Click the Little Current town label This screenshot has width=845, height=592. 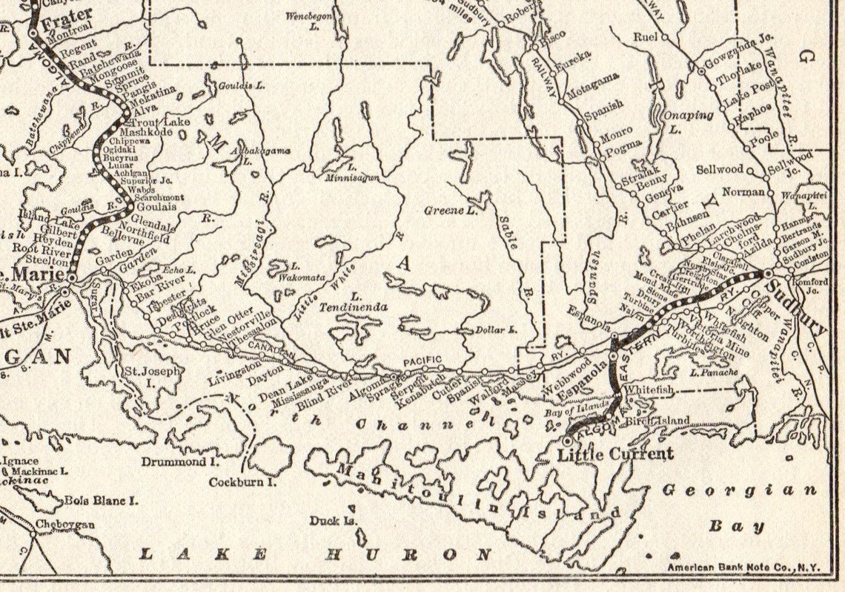pos(616,453)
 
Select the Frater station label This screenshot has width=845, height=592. pos(67,14)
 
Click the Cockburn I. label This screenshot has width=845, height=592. pos(242,481)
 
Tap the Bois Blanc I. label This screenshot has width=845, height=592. pos(101,501)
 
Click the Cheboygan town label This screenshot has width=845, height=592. pos(66,524)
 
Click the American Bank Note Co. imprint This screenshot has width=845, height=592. pos(743,568)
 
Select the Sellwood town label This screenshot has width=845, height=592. pos(719,170)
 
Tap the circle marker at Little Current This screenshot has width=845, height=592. pos(567,441)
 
